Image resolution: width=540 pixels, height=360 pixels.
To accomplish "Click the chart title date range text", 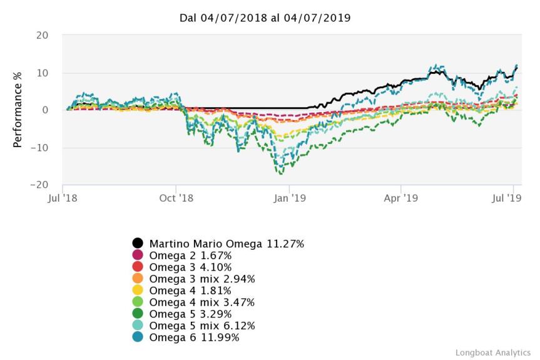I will (x=265, y=18).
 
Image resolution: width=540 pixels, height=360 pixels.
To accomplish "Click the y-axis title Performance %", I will (x=18, y=110).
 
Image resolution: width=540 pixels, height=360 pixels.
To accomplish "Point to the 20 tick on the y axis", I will (x=42, y=35).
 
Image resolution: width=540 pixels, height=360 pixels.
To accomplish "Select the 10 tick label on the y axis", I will (x=42, y=73).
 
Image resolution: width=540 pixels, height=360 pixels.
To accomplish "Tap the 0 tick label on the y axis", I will (x=45, y=110).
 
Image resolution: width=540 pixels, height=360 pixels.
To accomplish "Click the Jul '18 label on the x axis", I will (x=63, y=198).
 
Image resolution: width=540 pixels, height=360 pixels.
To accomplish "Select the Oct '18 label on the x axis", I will (x=176, y=198).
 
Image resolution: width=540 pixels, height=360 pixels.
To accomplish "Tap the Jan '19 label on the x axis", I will (x=289, y=198).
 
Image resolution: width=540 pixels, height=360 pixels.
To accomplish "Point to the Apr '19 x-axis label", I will (x=401, y=198).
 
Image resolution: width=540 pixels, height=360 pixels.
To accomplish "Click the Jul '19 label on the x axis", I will (x=507, y=198).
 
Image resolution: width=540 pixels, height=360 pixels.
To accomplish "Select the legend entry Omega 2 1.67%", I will (x=190, y=255).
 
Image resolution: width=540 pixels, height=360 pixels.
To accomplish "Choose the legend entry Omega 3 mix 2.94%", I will (x=201, y=279).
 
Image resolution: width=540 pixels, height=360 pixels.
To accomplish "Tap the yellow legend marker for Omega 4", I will (x=138, y=291).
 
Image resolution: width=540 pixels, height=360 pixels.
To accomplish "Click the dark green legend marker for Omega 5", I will (x=138, y=314).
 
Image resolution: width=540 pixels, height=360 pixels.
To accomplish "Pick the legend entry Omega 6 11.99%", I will (x=194, y=338).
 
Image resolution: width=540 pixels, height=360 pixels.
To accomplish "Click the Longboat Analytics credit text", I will (x=492, y=352).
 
